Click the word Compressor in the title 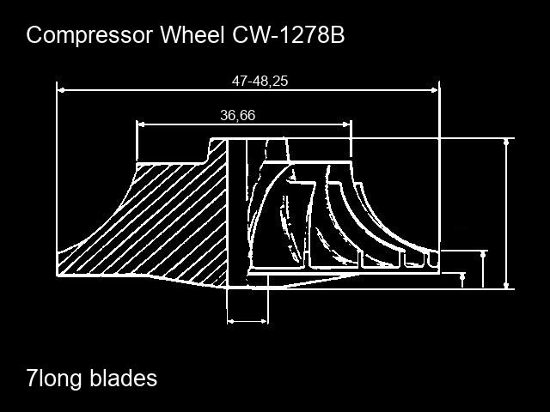click(x=89, y=35)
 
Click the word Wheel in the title click(x=192, y=34)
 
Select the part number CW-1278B click(x=289, y=34)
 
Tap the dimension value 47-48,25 click(x=260, y=81)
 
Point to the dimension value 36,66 click(x=238, y=115)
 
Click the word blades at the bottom click(x=124, y=378)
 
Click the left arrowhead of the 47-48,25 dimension click(x=61, y=90)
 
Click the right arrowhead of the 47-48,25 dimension click(x=435, y=90)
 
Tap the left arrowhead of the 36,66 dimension click(x=141, y=124)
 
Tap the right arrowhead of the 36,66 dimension click(x=347, y=124)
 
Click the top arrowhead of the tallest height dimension click(x=506, y=142)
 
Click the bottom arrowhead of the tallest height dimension click(x=506, y=286)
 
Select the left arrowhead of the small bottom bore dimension click(x=231, y=321)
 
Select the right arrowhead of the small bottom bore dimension click(x=264, y=321)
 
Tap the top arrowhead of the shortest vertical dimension click(x=462, y=276)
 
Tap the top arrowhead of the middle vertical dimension click(x=483, y=255)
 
